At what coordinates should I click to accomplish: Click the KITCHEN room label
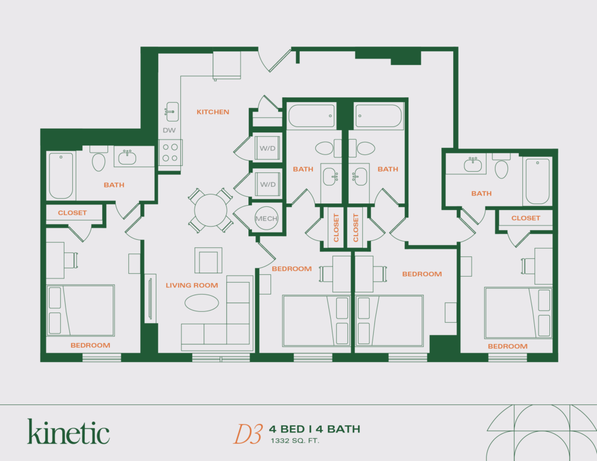(x=213, y=112)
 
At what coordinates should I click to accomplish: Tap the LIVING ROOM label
(x=192, y=286)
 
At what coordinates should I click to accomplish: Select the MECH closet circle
(x=266, y=219)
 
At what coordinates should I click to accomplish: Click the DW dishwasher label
(x=168, y=130)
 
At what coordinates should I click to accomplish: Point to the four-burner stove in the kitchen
(x=170, y=152)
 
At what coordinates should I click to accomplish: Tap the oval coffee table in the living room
(x=201, y=303)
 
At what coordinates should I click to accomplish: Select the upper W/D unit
(x=267, y=148)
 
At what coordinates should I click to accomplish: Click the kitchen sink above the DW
(x=171, y=110)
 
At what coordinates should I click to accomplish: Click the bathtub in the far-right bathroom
(x=538, y=181)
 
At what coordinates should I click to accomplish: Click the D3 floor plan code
(x=247, y=434)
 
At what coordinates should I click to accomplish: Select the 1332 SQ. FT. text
(x=295, y=441)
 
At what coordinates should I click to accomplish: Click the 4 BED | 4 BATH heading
(x=315, y=429)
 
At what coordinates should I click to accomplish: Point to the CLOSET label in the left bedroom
(x=72, y=213)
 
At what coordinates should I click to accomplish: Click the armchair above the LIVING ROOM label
(x=208, y=261)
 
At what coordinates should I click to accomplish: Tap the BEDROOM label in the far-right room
(x=507, y=346)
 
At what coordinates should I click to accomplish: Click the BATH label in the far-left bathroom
(x=114, y=185)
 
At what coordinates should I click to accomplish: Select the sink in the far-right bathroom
(x=473, y=163)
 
